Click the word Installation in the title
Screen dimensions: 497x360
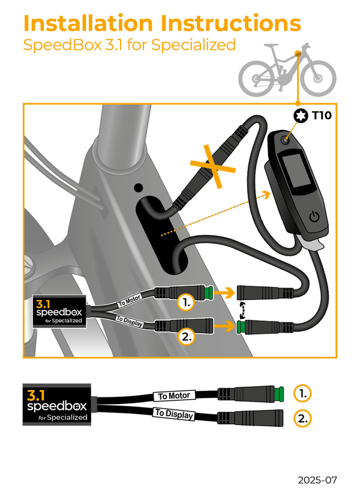click(x=88, y=23)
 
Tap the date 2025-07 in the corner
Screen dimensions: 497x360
click(x=318, y=480)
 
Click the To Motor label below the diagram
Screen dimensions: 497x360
click(x=175, y=396)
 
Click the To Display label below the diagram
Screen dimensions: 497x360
click(x=173, y=414)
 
